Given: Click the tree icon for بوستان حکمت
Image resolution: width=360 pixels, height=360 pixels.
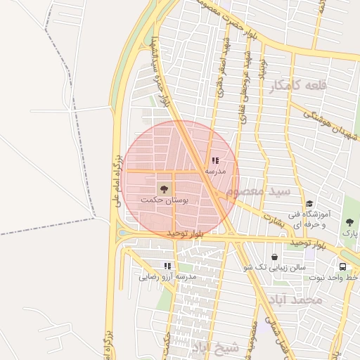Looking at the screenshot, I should tap(164, 188).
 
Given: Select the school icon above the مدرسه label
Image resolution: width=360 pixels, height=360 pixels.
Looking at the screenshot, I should tap(215, 161).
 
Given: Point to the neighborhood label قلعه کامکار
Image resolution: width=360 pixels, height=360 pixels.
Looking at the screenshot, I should tap(298, 86).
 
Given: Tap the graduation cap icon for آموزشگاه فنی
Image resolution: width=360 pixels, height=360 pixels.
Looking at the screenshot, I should tap(309, 203).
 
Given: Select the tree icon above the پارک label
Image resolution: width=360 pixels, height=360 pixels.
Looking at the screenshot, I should tap(349, 222).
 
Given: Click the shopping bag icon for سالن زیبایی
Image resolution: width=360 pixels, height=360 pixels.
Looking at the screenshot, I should tap(274, 257).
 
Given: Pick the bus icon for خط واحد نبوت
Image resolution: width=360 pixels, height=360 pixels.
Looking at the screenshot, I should tap(342, 267).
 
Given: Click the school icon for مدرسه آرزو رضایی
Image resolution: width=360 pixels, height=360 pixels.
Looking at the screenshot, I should tap(167, 266).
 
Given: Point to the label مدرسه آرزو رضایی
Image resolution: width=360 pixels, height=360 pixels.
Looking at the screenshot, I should tap(168, 277).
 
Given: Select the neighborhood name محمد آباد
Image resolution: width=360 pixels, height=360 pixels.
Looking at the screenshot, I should tap(298, 300).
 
